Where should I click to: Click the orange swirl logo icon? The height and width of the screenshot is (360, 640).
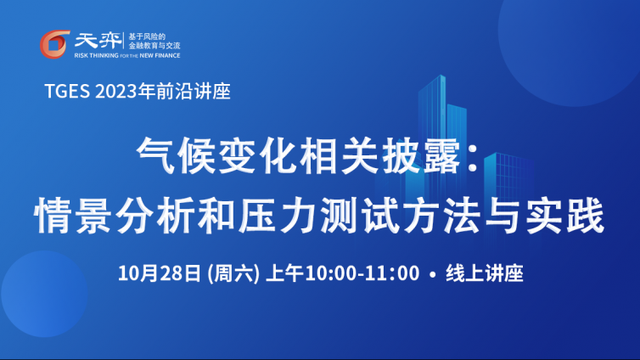pos(54,44)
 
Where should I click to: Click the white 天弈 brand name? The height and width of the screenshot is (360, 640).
pos(98,41)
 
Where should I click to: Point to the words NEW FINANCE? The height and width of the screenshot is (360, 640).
pos(160,55)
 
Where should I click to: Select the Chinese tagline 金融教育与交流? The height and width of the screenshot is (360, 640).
pos(154,46)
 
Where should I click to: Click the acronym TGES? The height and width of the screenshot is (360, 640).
pos(67,91)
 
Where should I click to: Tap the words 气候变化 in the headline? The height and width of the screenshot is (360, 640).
pos(216,155)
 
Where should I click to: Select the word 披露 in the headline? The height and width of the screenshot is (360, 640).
pos(420,155)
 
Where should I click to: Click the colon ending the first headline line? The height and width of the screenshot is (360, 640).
pos(473,157)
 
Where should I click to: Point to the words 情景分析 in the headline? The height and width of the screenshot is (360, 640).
pos(114,215)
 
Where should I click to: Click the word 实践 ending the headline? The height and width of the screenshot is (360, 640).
pos(564,215)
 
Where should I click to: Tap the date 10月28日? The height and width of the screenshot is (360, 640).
pos(160,273)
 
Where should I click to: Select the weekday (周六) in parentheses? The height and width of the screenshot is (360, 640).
pos(233,273)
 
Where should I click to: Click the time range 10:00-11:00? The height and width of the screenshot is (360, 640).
pos(362,273)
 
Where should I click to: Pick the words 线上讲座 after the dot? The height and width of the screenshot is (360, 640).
pos(485,273)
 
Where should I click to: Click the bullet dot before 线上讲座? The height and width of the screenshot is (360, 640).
pos(433,275)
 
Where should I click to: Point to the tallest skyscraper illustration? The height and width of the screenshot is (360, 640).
pos(432,135)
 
